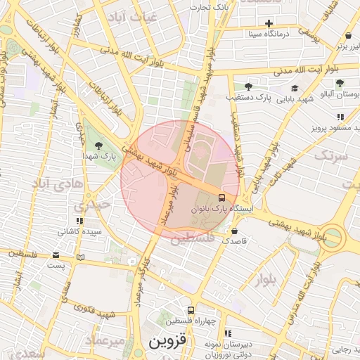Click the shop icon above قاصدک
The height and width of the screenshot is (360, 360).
click(x=234, y=231)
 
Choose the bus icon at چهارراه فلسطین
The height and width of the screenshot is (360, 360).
click(x=191, y=310)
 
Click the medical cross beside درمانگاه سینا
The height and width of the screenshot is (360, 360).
click(x=269, y=23)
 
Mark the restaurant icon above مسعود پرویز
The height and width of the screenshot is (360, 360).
click(x=340, y=117)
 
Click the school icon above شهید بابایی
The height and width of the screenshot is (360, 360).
click(x=295, y=89)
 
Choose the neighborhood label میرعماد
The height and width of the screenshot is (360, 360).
click(x=105, y=340)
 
